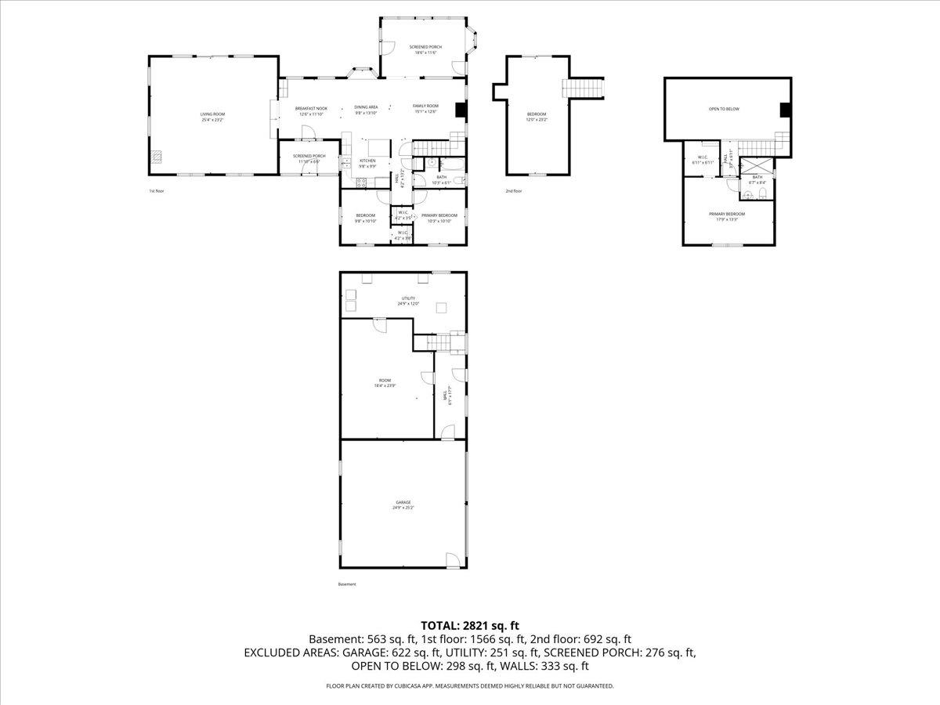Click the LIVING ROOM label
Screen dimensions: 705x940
(x=212, y=114)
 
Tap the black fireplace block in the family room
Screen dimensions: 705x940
(x=461, y=110)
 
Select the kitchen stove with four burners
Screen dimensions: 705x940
(x=362, y=183)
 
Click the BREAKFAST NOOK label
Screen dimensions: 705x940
(x=311, y=108)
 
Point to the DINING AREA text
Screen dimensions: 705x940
(x=366, y=107)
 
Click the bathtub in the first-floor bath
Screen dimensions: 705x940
(x=452, y=164)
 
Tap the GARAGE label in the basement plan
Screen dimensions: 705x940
(x=403, y=502)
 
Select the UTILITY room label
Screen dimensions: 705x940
(x=408, y=298)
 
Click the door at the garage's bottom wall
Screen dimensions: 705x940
(x=452, y=560)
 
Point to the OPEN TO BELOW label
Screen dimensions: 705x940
(x=724, y=109)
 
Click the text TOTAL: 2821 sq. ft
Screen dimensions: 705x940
(x=470, y=625)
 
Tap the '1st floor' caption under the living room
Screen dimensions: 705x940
(x=157, y=191)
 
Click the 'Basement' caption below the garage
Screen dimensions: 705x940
(x=347, y=584)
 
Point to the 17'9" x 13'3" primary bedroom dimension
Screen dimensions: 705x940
(x=727, y=220)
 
